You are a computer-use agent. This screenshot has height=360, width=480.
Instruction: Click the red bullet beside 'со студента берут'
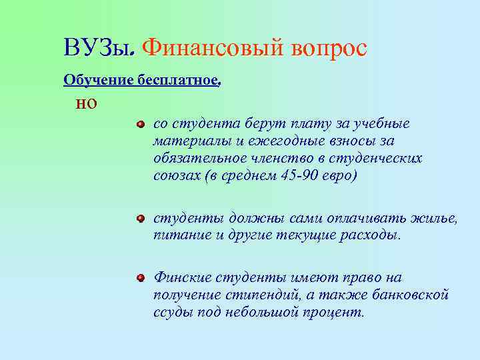[140, 124]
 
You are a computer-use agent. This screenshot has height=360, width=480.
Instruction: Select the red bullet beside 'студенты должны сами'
[140, 219]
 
